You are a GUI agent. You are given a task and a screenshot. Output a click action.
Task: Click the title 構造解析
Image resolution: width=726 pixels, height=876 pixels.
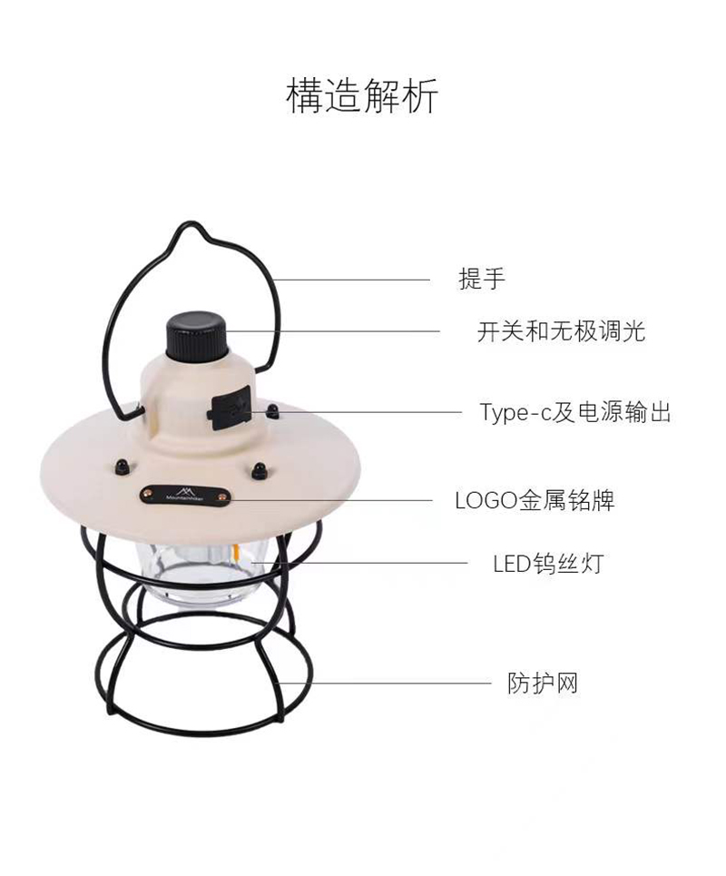click(362, 96)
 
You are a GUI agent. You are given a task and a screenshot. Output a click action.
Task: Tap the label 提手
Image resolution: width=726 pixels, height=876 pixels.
click(482, 279)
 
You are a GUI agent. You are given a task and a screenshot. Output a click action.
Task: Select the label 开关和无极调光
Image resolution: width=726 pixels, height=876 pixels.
click(561, 331)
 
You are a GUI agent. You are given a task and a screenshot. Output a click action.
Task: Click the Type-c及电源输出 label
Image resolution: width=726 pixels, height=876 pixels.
click(575, 412)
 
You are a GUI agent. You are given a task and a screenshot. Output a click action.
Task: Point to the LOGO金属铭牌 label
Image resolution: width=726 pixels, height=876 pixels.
click(535, 500)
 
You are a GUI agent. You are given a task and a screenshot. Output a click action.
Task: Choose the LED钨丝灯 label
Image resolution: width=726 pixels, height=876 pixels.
click(548, 564)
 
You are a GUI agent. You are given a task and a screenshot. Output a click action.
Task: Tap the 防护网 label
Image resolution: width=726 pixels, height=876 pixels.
click(543, 683)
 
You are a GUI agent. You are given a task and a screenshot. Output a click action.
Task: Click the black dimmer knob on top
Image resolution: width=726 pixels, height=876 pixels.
click(197, 338)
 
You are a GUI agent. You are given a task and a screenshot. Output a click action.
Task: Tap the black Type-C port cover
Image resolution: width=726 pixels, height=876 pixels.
click(230, 408)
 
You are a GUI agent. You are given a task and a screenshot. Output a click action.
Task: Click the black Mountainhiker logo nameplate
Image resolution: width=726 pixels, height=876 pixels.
click(185, 495)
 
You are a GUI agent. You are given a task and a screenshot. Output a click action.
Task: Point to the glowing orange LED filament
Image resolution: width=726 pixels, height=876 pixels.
click(237, 555)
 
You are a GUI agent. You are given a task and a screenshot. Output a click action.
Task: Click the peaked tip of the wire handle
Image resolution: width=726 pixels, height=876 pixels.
click(191, 223)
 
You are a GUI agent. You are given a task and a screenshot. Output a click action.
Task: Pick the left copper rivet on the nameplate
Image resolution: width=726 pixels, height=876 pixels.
click(148, 492)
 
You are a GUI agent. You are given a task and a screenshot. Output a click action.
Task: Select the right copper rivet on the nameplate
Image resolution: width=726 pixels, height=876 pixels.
click(222, 495)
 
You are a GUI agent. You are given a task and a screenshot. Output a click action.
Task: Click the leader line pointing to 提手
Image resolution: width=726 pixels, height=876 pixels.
click(351, 280)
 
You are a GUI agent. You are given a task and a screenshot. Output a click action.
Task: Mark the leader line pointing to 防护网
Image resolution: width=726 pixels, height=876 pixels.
click(384, 683)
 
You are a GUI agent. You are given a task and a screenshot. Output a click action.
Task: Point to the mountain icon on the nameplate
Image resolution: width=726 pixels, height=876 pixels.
click(182, 489)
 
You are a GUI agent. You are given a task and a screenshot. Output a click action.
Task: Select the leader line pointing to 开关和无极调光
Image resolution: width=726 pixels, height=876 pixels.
click(333, 331)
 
